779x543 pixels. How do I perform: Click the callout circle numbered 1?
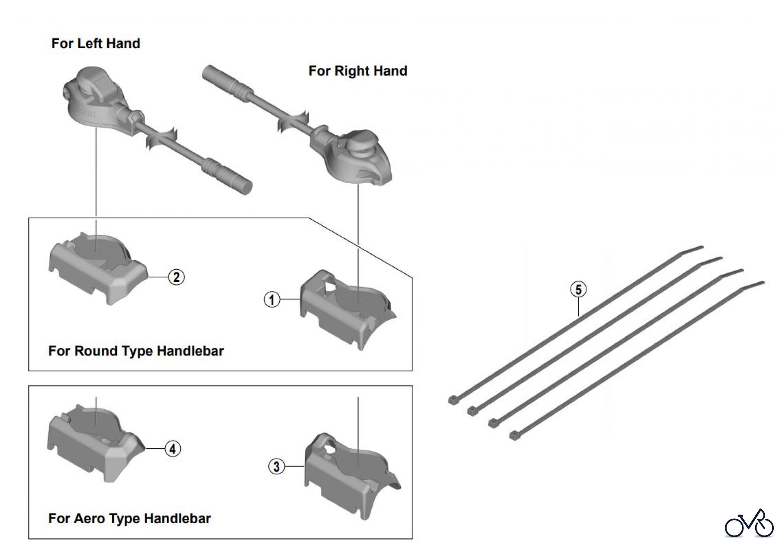point(272,299)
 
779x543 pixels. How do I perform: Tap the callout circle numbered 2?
point(176,277)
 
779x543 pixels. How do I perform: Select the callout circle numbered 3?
point(277,466)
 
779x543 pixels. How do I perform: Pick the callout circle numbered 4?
point(173,449)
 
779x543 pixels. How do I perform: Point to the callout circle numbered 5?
point(579,289)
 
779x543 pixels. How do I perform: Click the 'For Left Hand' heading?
point(96,43)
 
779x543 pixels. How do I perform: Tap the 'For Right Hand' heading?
point(357,71)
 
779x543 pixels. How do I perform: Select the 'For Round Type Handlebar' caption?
point(136,351)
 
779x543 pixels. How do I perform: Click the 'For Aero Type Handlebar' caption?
point(129,518)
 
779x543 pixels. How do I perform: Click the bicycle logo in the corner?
point(749,524)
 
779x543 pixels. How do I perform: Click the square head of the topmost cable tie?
point(453,400)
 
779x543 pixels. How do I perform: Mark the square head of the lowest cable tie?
point(514,436)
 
